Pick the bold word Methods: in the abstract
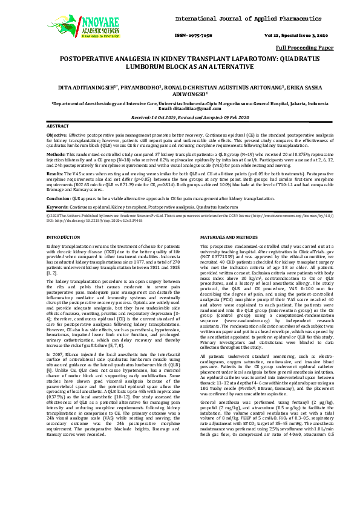coord(56,154)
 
